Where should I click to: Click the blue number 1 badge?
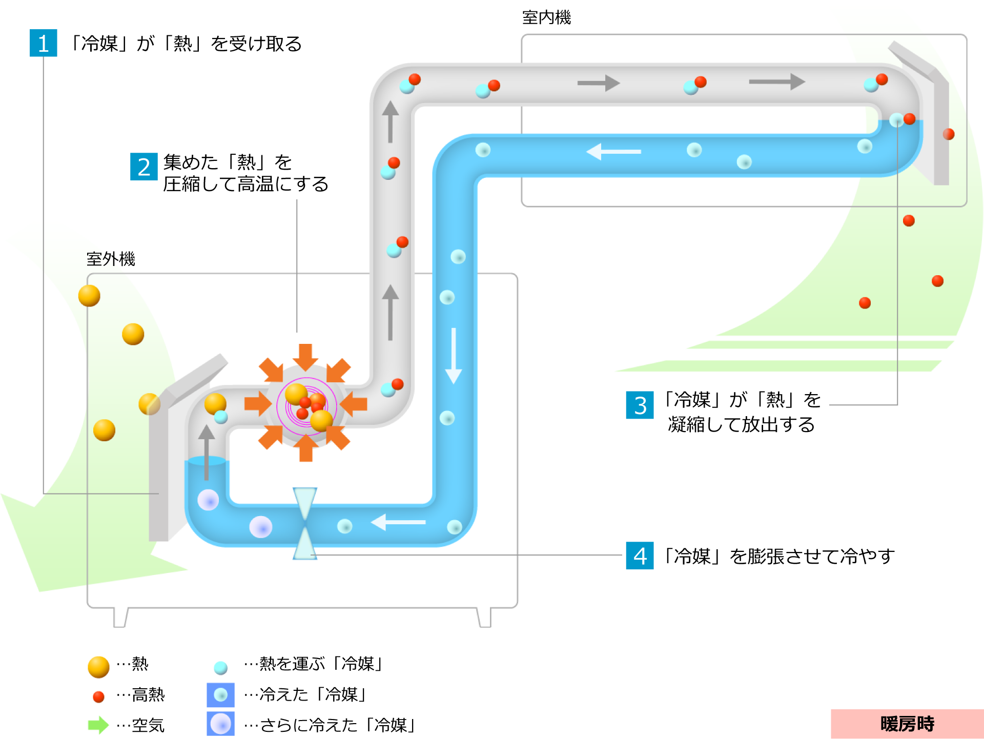[x=44, y=43]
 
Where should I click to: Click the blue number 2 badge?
[x=144, y=167]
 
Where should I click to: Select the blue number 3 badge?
[x=640, y=405]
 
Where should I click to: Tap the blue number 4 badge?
[x=640, y=556]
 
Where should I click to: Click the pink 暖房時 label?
[x=907, y=724]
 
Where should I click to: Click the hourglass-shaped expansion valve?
[x=305, y=523]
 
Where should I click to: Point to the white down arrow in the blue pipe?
[x=454, y=356]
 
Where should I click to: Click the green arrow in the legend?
[x=98, y=725]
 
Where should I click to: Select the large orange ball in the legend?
[x=98, y=667]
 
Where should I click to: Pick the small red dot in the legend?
[x=98, y=697]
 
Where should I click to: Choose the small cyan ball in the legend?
[x=220, y=668]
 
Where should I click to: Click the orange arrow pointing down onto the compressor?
[x=305, y=357]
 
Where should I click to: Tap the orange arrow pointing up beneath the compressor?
[x=306, y=448]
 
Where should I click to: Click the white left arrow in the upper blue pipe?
[x=613, y=152]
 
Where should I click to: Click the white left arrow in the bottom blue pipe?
[x=398, y=522]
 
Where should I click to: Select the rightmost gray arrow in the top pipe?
[x=777, y=81]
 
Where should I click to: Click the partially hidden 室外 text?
[x=100, y=259]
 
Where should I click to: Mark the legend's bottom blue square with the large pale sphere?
[x=220, y=724]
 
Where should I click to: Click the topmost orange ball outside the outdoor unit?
[x=89, y=296]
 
